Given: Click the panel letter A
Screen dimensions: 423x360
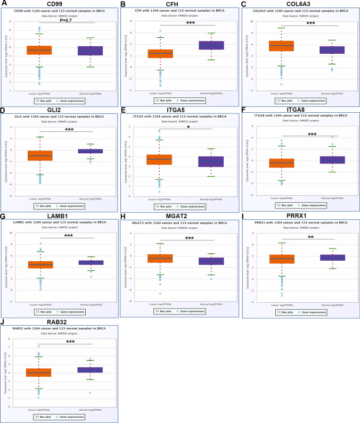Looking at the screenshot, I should [x=4, y=4].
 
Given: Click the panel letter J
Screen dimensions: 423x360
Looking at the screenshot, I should [x=4, y=321].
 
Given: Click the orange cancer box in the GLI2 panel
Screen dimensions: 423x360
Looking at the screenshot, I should [x=40, y=155].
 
